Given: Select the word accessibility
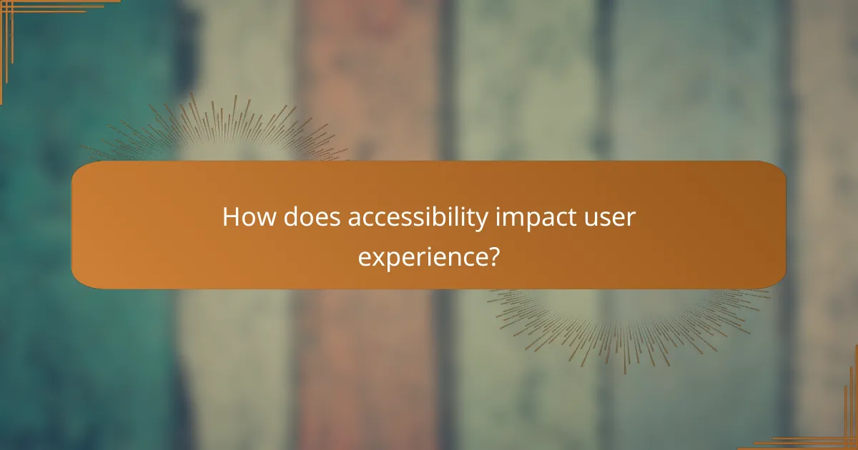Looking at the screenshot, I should [x=419, y=217].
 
